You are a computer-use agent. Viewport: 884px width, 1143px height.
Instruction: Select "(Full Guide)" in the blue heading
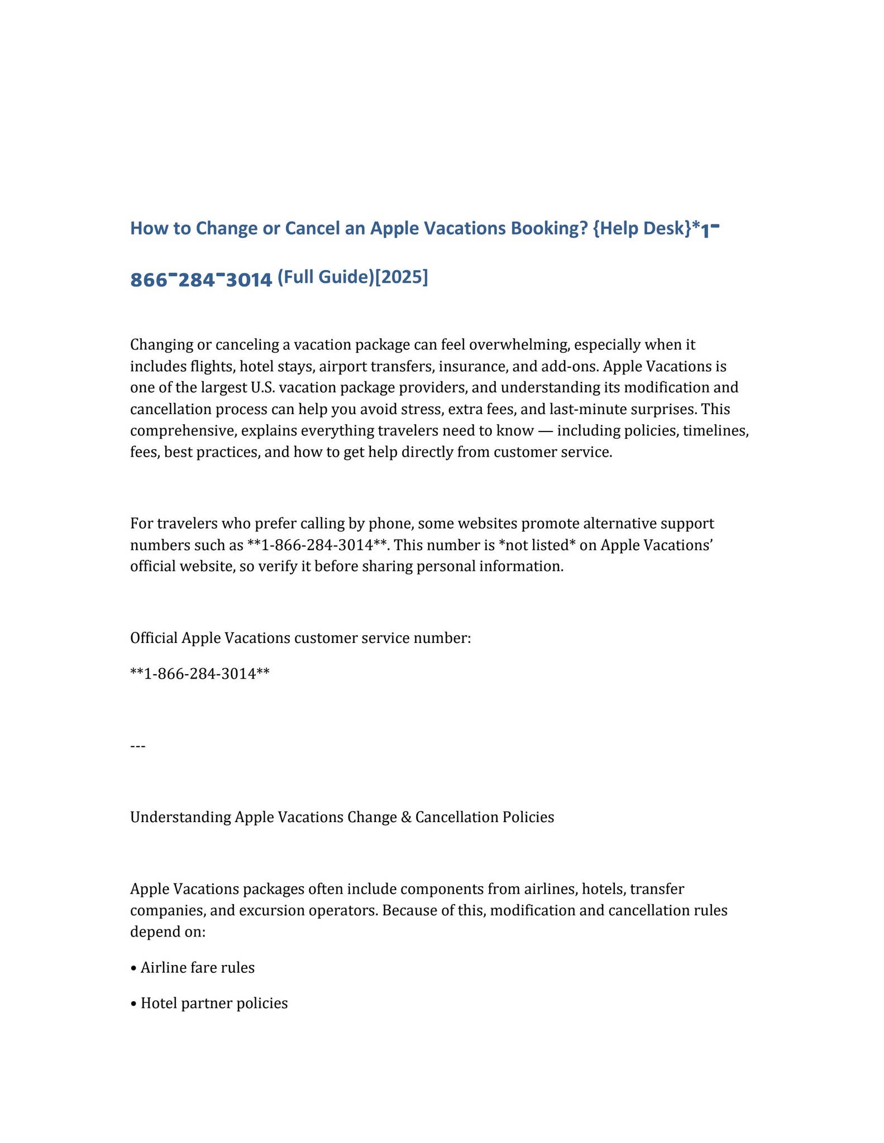[324, 277]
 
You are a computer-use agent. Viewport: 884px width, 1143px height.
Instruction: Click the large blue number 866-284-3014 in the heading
[201, 279]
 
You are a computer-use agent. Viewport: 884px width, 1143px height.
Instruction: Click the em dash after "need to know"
[545, 430]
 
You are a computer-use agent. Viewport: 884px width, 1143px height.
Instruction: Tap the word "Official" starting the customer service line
[154, 637]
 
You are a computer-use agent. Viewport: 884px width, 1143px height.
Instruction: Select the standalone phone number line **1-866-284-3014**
[200, 674]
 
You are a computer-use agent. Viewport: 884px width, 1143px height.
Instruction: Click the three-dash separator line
[137, 746]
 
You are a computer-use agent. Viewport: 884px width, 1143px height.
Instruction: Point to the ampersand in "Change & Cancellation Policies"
[407, 817]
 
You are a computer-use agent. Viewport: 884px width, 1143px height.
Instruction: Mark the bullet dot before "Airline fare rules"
[133, 968]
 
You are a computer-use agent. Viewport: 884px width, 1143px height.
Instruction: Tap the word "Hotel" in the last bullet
[159, 1003]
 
